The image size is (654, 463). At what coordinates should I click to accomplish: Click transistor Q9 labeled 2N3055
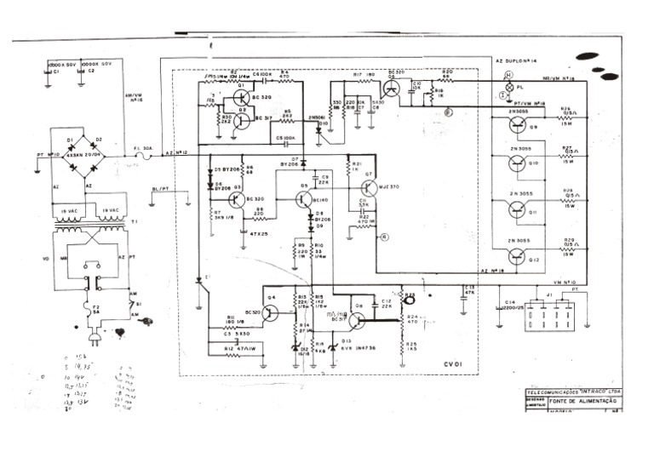[x=519, y=125]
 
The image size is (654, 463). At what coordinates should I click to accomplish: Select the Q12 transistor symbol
[x=519, y=253]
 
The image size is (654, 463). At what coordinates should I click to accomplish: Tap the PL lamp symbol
[x=509, y=87]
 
